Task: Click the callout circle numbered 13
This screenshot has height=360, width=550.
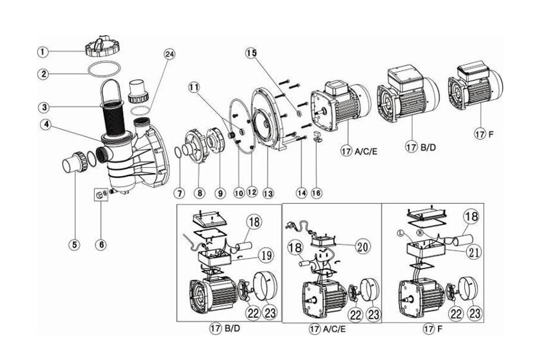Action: click(x=266, y=192)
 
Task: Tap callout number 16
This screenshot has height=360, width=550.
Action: click(x=316, y=192)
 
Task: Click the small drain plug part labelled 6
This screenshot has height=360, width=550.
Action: click(x=99, y=194)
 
